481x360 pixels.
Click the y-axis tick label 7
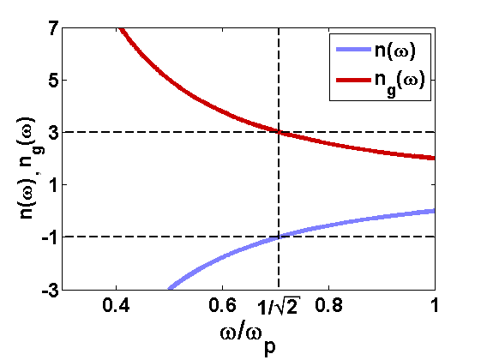pyautogui.click(x=53, y=28)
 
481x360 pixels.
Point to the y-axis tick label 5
pyautogui.click(x=53, y=81)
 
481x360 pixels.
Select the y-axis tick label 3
pyautogui.click(x=53, y=133)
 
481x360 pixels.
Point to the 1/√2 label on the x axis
pyautogui.click(x=279, y=307)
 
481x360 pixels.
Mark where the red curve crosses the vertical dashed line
pyautogui.click(x=279, y=131)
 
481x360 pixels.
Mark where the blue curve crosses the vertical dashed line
pyautogui.click(x=279, y=237)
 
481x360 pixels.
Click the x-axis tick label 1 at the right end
pyautogui.click(x=435, y=305)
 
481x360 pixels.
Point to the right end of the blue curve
pyautogui.click(x=434, y=210)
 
